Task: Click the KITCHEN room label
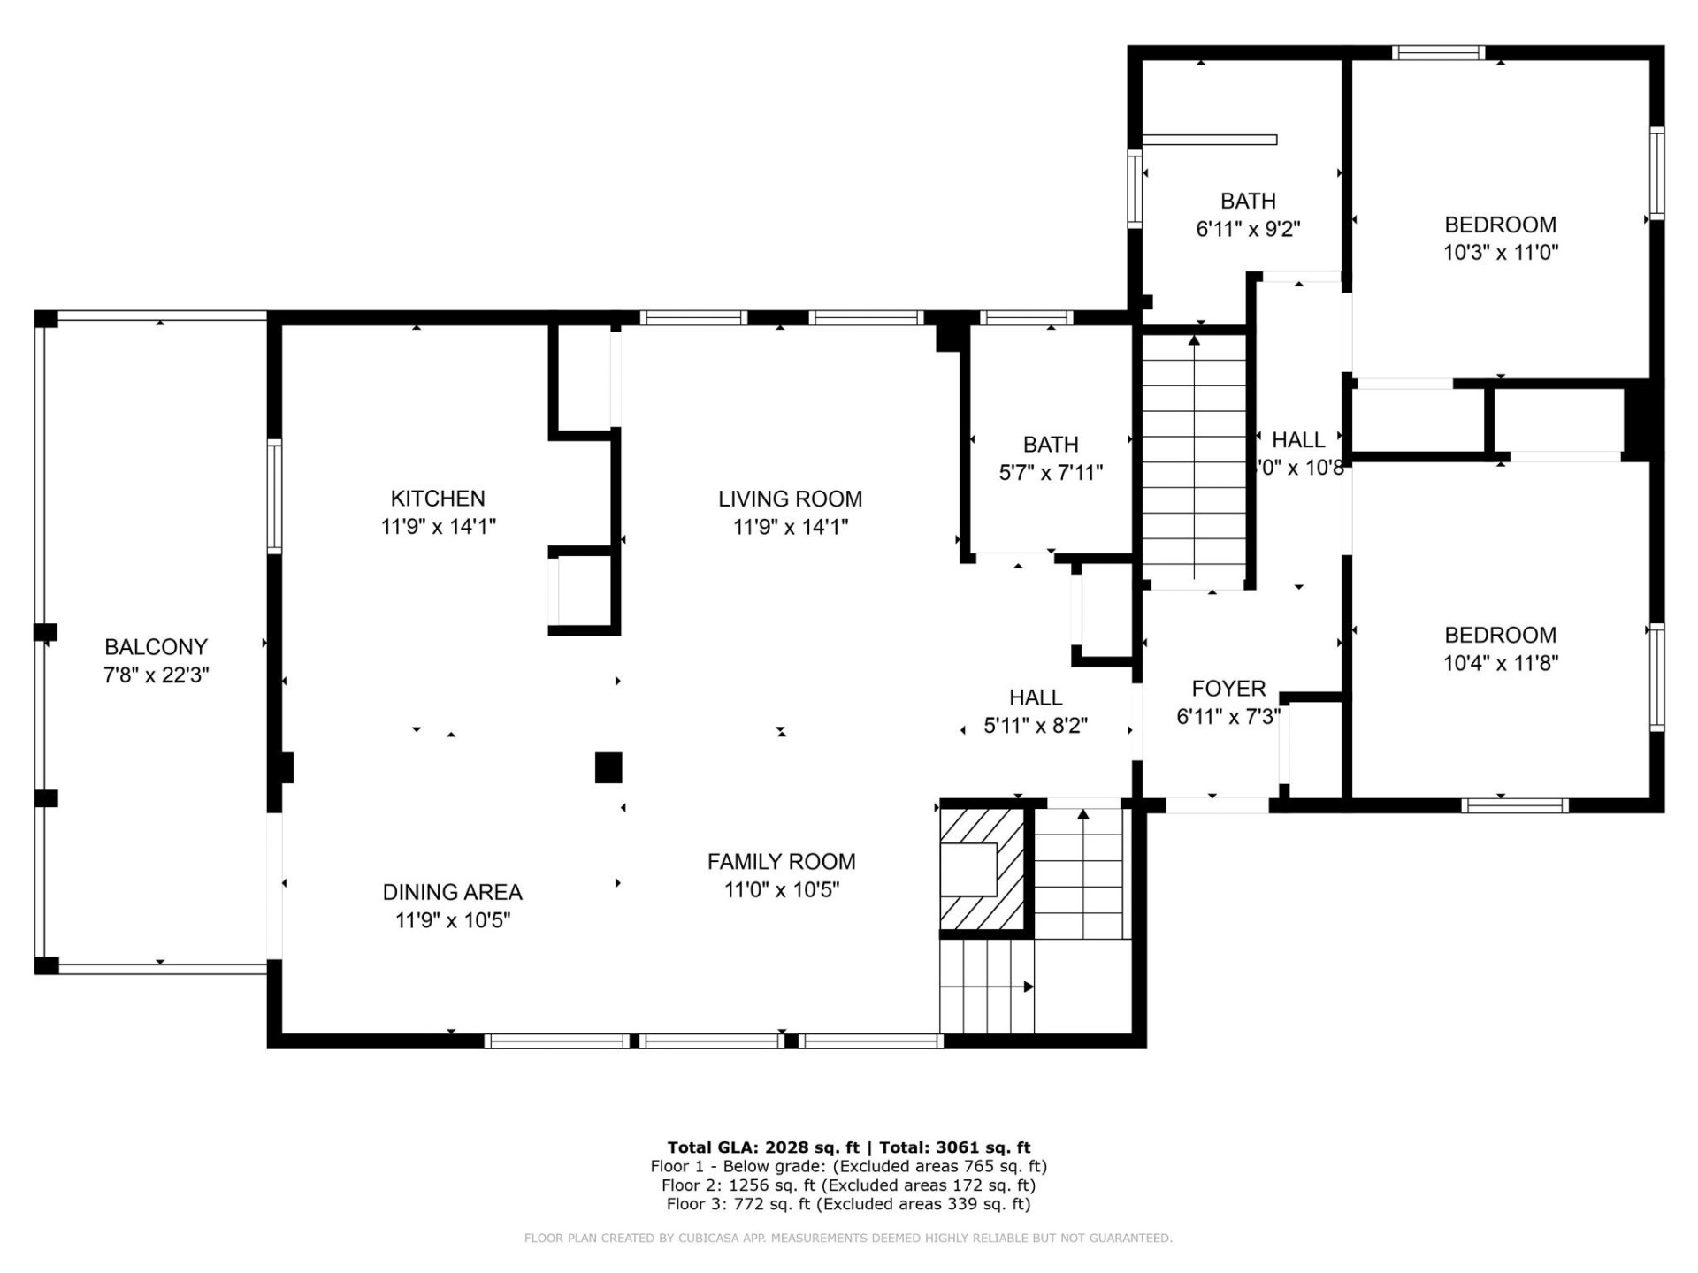[x=438, y=499]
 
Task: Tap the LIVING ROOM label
[x=790, y=499]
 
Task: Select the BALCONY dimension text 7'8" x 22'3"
[x=156, y=675]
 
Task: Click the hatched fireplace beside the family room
[x=982, y=868]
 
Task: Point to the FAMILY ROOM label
[x=781, y=862]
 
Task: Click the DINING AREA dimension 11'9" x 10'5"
[x=452, y=920]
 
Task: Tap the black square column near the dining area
[x=608, y=767]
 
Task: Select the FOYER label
[x=1228, y=689]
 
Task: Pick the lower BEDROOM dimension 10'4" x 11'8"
[x=1500, y=663]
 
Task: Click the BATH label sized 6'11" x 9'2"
[x=1248, y=202]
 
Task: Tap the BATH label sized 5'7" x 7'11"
[x=1051, y=445]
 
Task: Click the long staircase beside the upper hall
[x=1194, y=460]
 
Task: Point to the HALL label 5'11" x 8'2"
[x=1036, y=698]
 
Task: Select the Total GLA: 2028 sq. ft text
[x=762, y=1147]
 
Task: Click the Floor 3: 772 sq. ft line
[x=848, y=1204]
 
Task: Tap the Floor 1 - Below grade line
[x=848, y=1166]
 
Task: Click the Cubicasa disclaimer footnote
[x=848, y=1239]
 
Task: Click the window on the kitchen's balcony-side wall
[x=275, y=497]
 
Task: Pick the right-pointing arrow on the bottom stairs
[x=1029, y=987]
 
